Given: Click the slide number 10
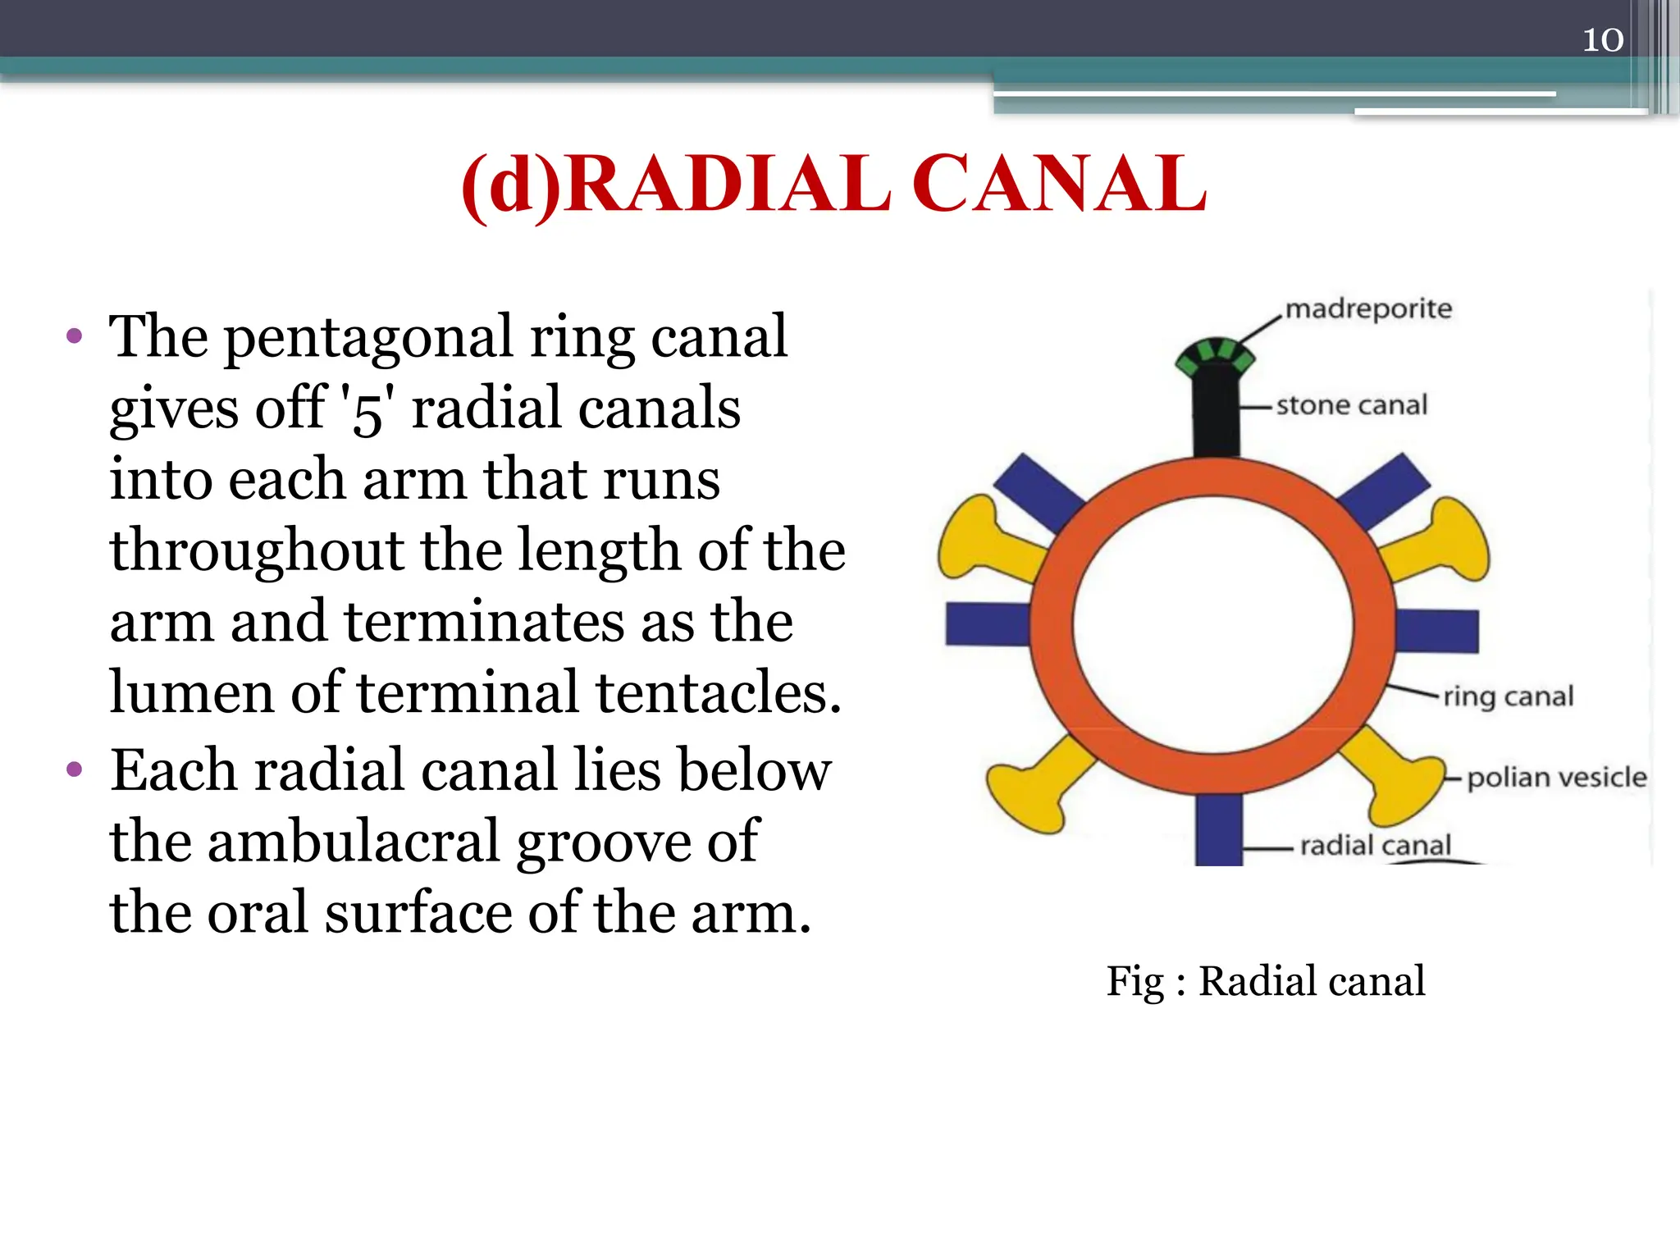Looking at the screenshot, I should (x=1602, y=39).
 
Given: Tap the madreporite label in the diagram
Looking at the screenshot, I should (x=1368, y=309).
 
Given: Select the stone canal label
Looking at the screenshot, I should (x=1351, y=405).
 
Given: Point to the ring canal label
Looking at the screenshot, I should (x=1508, y=696).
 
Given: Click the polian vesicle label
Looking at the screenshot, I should (x=1556, y=777).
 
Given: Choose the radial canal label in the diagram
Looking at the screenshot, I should (x=1375, y=846).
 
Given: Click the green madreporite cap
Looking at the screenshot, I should (x=1215, y=357).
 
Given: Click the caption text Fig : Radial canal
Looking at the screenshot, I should (x=1265, y=981).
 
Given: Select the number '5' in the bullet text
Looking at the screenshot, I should (x=367, y=409).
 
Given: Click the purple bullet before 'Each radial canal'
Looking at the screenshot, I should (x=75, y=769).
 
